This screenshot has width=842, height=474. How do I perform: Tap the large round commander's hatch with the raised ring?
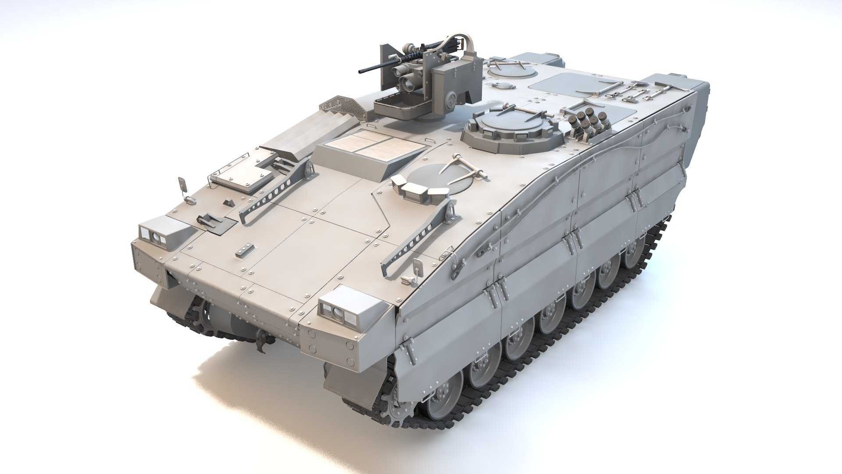tap(513, 125)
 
